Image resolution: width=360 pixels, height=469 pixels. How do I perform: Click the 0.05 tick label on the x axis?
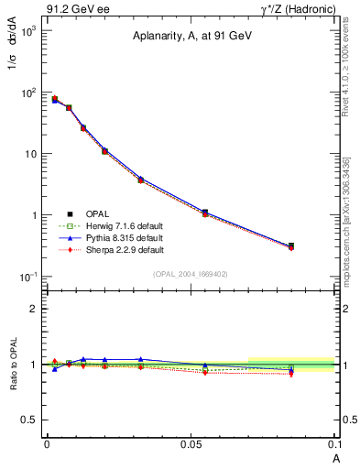click(190, 443)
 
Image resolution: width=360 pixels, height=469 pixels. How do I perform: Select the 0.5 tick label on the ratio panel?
click(29, 420)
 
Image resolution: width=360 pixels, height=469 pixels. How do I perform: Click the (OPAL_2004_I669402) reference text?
click(190, 273)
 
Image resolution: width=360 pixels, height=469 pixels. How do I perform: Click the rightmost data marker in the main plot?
click(291, 245)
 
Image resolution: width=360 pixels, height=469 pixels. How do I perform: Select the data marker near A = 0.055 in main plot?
click(205, 213)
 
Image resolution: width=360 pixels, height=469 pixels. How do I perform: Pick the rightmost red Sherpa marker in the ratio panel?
click(291, 374)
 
